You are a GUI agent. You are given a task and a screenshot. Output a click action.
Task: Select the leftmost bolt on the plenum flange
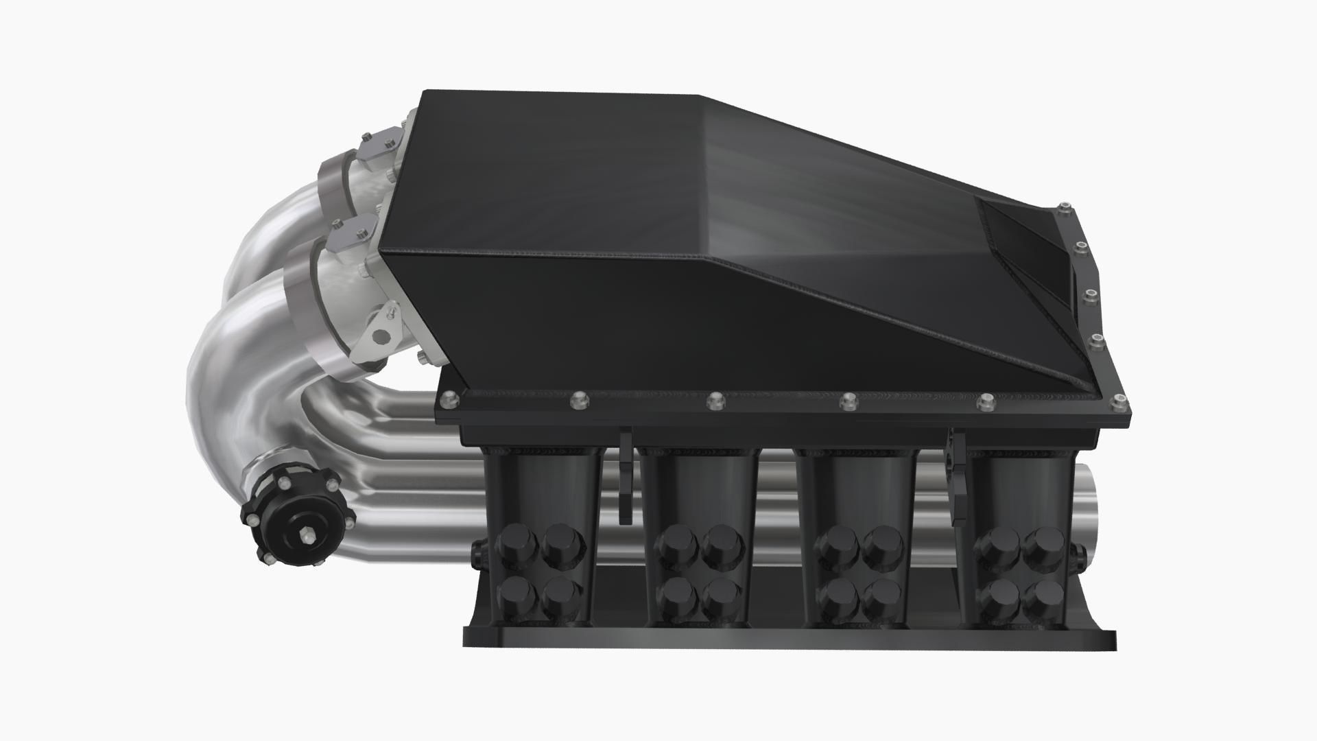coord(449,398)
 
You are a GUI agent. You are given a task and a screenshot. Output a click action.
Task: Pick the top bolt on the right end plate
coord(1063,206)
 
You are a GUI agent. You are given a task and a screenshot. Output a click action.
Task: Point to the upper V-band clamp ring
coord(336,184)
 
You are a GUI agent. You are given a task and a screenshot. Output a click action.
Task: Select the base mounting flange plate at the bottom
coord(789,638)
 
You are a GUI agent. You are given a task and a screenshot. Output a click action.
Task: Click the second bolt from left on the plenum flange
coord(578,398)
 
